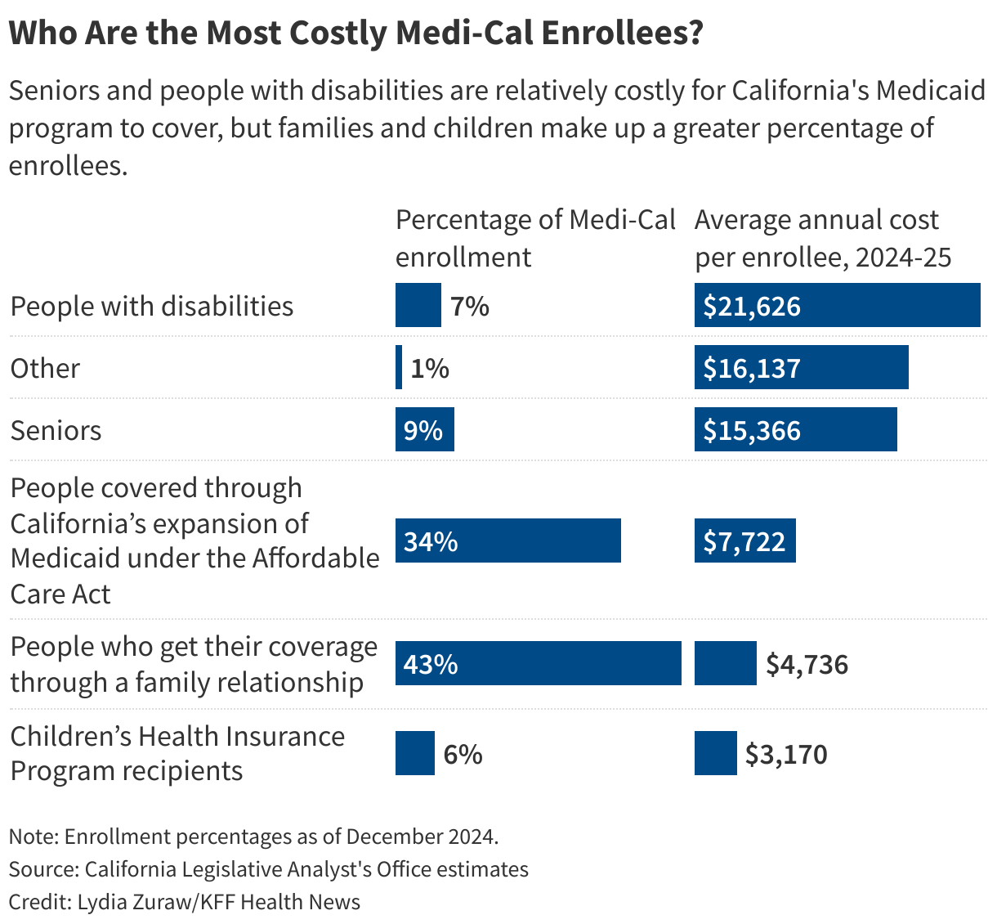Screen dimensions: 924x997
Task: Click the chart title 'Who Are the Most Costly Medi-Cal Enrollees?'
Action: (x=355, y=34)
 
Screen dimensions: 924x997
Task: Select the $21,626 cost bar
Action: (x=837, y=305)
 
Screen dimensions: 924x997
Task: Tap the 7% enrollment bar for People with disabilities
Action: (x=418, y=305)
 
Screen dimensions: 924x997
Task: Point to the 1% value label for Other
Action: (x=430, y=368)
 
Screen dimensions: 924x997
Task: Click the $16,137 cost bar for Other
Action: (x=801, y=367)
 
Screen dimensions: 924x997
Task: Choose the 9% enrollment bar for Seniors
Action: (x=424, y=429)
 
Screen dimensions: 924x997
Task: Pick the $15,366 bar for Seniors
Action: (x=795, y=429)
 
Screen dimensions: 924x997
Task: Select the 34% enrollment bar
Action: (x=507, y=540)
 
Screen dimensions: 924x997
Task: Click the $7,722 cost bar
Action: (x=744, y=540)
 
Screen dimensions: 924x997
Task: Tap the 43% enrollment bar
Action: (x=538, y=663)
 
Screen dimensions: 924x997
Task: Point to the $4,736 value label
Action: (x=807, y=664)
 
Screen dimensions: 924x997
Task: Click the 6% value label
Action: (x=463, y=753)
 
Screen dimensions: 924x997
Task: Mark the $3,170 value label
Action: (x=786, y=753)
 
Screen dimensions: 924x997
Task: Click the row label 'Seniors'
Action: (x=56, y=430)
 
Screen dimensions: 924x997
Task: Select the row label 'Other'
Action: (x=45, y=368)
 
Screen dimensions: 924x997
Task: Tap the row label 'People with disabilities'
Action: (x=152, y=306)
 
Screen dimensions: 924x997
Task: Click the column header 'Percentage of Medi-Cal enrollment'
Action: (x=535, y=238)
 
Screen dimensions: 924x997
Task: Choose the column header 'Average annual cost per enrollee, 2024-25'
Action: (x=823, y=238)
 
